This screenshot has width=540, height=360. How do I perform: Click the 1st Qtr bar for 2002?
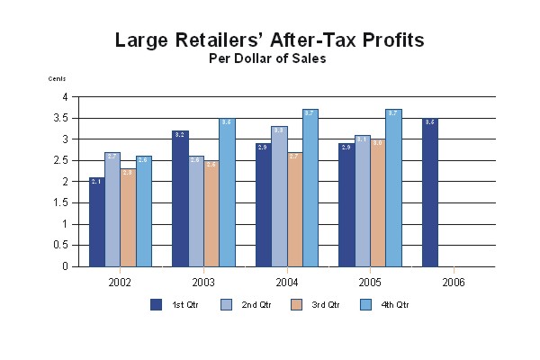click(x=97, y=222)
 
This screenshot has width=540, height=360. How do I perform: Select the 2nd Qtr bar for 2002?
click(x=112, y=210)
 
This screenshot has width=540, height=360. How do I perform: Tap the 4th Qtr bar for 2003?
click(x=227, y=193)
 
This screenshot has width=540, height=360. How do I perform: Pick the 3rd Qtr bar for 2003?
click(x=211, y=213)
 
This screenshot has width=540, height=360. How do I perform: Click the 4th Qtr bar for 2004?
click(x=310, y=188)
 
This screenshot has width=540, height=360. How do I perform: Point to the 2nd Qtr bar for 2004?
click(x=280, y=197)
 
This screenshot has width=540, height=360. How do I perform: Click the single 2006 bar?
click(x=430, y=193)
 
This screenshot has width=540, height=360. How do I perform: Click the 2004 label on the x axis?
click(x=287, y=282)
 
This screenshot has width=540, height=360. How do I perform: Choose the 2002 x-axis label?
click(x=120, y=282)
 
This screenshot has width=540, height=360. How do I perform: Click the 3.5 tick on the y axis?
click(x=61, y=118)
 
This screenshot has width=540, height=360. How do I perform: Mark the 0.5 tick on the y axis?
click(x=61, y=246)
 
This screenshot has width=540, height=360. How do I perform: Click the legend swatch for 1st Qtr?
click(x=156, y=304)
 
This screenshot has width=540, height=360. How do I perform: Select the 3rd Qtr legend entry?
click(x=325, y=304)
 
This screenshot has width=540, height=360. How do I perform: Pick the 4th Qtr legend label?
click(x=397, y=304)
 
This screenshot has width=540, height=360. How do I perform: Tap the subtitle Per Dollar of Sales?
click(x=267, y=58)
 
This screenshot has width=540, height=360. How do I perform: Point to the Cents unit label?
click(x=57, y=79)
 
